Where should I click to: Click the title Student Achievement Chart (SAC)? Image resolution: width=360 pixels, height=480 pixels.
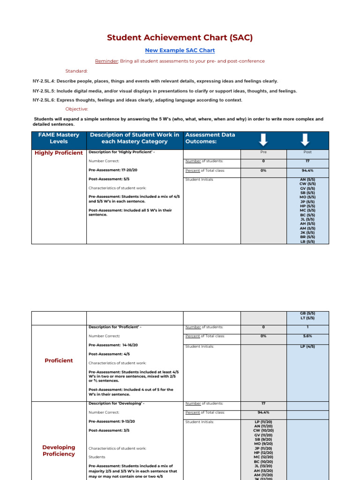tap(180, 38)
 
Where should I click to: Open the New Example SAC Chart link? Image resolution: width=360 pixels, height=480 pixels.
tap(180, 50)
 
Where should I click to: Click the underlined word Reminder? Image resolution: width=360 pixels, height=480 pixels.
tap(106, 61)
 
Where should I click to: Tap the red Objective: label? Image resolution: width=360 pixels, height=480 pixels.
tap(76, 109)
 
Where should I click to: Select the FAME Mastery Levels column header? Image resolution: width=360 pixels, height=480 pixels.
tap(59, 138)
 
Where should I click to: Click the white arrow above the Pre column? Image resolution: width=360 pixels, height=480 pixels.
tap(263, 139)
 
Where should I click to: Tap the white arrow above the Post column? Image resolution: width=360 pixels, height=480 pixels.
tap(305, 139)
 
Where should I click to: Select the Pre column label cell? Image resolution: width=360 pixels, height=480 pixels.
tap(263, 152)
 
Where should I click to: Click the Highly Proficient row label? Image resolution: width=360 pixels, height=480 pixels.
tap(59, 153)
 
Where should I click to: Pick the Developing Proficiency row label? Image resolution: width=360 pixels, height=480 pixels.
tap(59, 450)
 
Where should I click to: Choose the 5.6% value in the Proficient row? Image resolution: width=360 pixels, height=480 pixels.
tap(307, 336)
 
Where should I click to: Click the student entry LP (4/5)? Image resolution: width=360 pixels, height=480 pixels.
tap(307, 346)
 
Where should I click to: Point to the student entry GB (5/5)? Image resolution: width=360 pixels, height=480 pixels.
tap(307, 314)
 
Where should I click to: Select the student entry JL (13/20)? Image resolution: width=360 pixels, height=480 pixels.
tap(263, 466)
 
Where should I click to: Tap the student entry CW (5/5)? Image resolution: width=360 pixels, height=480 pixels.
tap(307, 184)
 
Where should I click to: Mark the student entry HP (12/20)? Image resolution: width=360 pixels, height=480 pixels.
tap(263, 452)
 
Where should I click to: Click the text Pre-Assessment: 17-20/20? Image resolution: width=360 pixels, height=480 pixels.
tap(113, 170)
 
